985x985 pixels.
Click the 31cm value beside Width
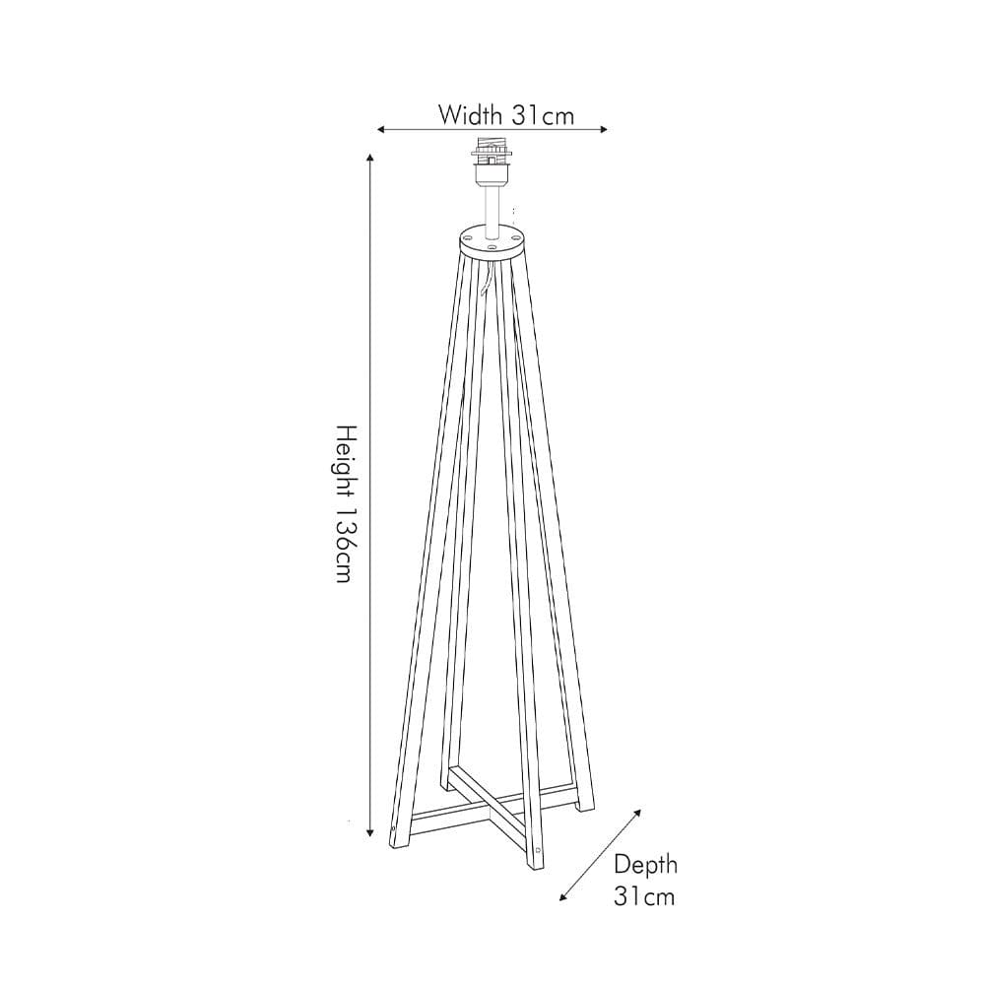[x=543, y=114]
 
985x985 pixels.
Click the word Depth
[x=645, y=865]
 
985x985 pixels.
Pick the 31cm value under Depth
[x=645, y=896]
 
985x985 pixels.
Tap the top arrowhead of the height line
[x=370, y=158]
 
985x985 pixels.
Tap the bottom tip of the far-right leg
[x=585, y=807]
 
